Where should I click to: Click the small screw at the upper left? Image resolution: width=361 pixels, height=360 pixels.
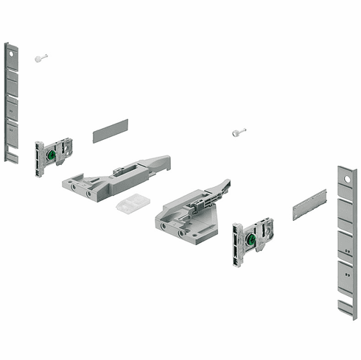[40, 57]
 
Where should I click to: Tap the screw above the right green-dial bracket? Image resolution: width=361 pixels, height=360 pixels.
[237, 133]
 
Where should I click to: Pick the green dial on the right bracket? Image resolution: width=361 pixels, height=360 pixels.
[251, 239]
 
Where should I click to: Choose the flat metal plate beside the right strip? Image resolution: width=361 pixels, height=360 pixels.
[309, 205]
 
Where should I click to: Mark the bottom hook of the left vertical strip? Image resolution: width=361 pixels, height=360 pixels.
[12, 157]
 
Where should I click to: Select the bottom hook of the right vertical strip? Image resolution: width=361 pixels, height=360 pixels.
[347, 306]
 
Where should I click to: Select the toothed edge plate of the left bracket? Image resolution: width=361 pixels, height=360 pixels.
[38, 158]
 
